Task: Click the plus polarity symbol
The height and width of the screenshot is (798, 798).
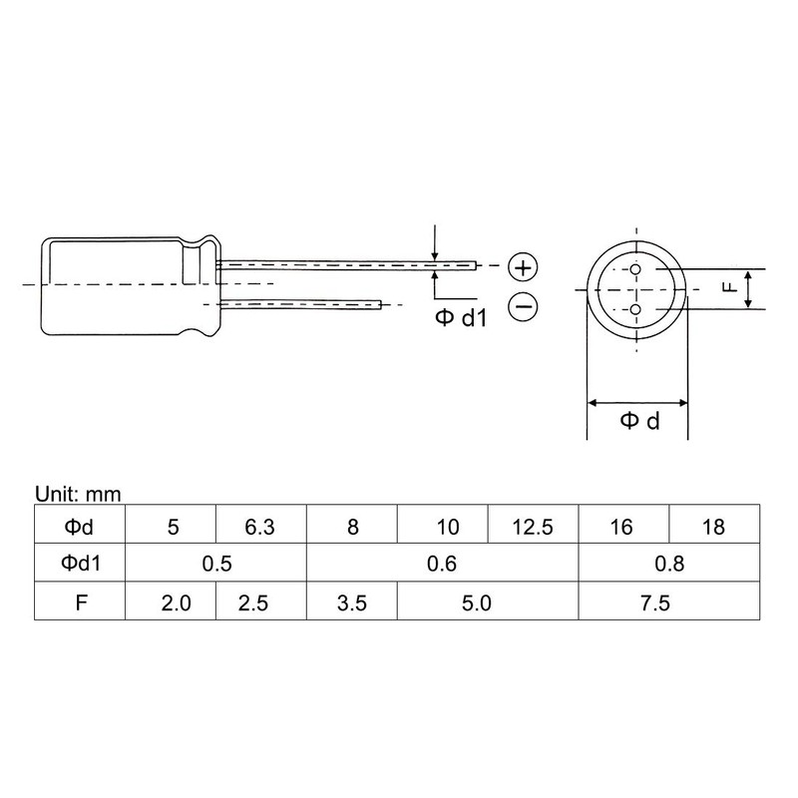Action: click(x=523, y=267)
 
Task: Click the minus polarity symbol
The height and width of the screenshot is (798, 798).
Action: click(x=523, y=306)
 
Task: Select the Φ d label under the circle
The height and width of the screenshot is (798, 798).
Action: click(x=638, y=421)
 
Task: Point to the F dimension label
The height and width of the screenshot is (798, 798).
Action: click(x=730, y=287)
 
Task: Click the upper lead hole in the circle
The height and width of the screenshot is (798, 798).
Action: click(x=635, y=269)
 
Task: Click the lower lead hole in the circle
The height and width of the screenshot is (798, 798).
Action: click(x=635, y=310)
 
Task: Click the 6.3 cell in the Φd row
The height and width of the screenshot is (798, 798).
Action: click(x=259, y=527)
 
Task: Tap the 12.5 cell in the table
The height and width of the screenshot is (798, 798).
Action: click(x=532, y=527)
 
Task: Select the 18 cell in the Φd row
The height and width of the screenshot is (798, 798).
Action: click(x=714, y=527)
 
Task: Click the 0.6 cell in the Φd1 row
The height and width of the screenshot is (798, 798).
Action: click(x=441, y=565)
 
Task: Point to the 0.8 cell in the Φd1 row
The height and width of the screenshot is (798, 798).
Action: click(x=668, y=565)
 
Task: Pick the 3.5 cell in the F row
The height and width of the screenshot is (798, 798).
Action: click(x=351, y=603)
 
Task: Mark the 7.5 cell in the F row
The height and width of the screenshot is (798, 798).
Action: click(x=668, y=603)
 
